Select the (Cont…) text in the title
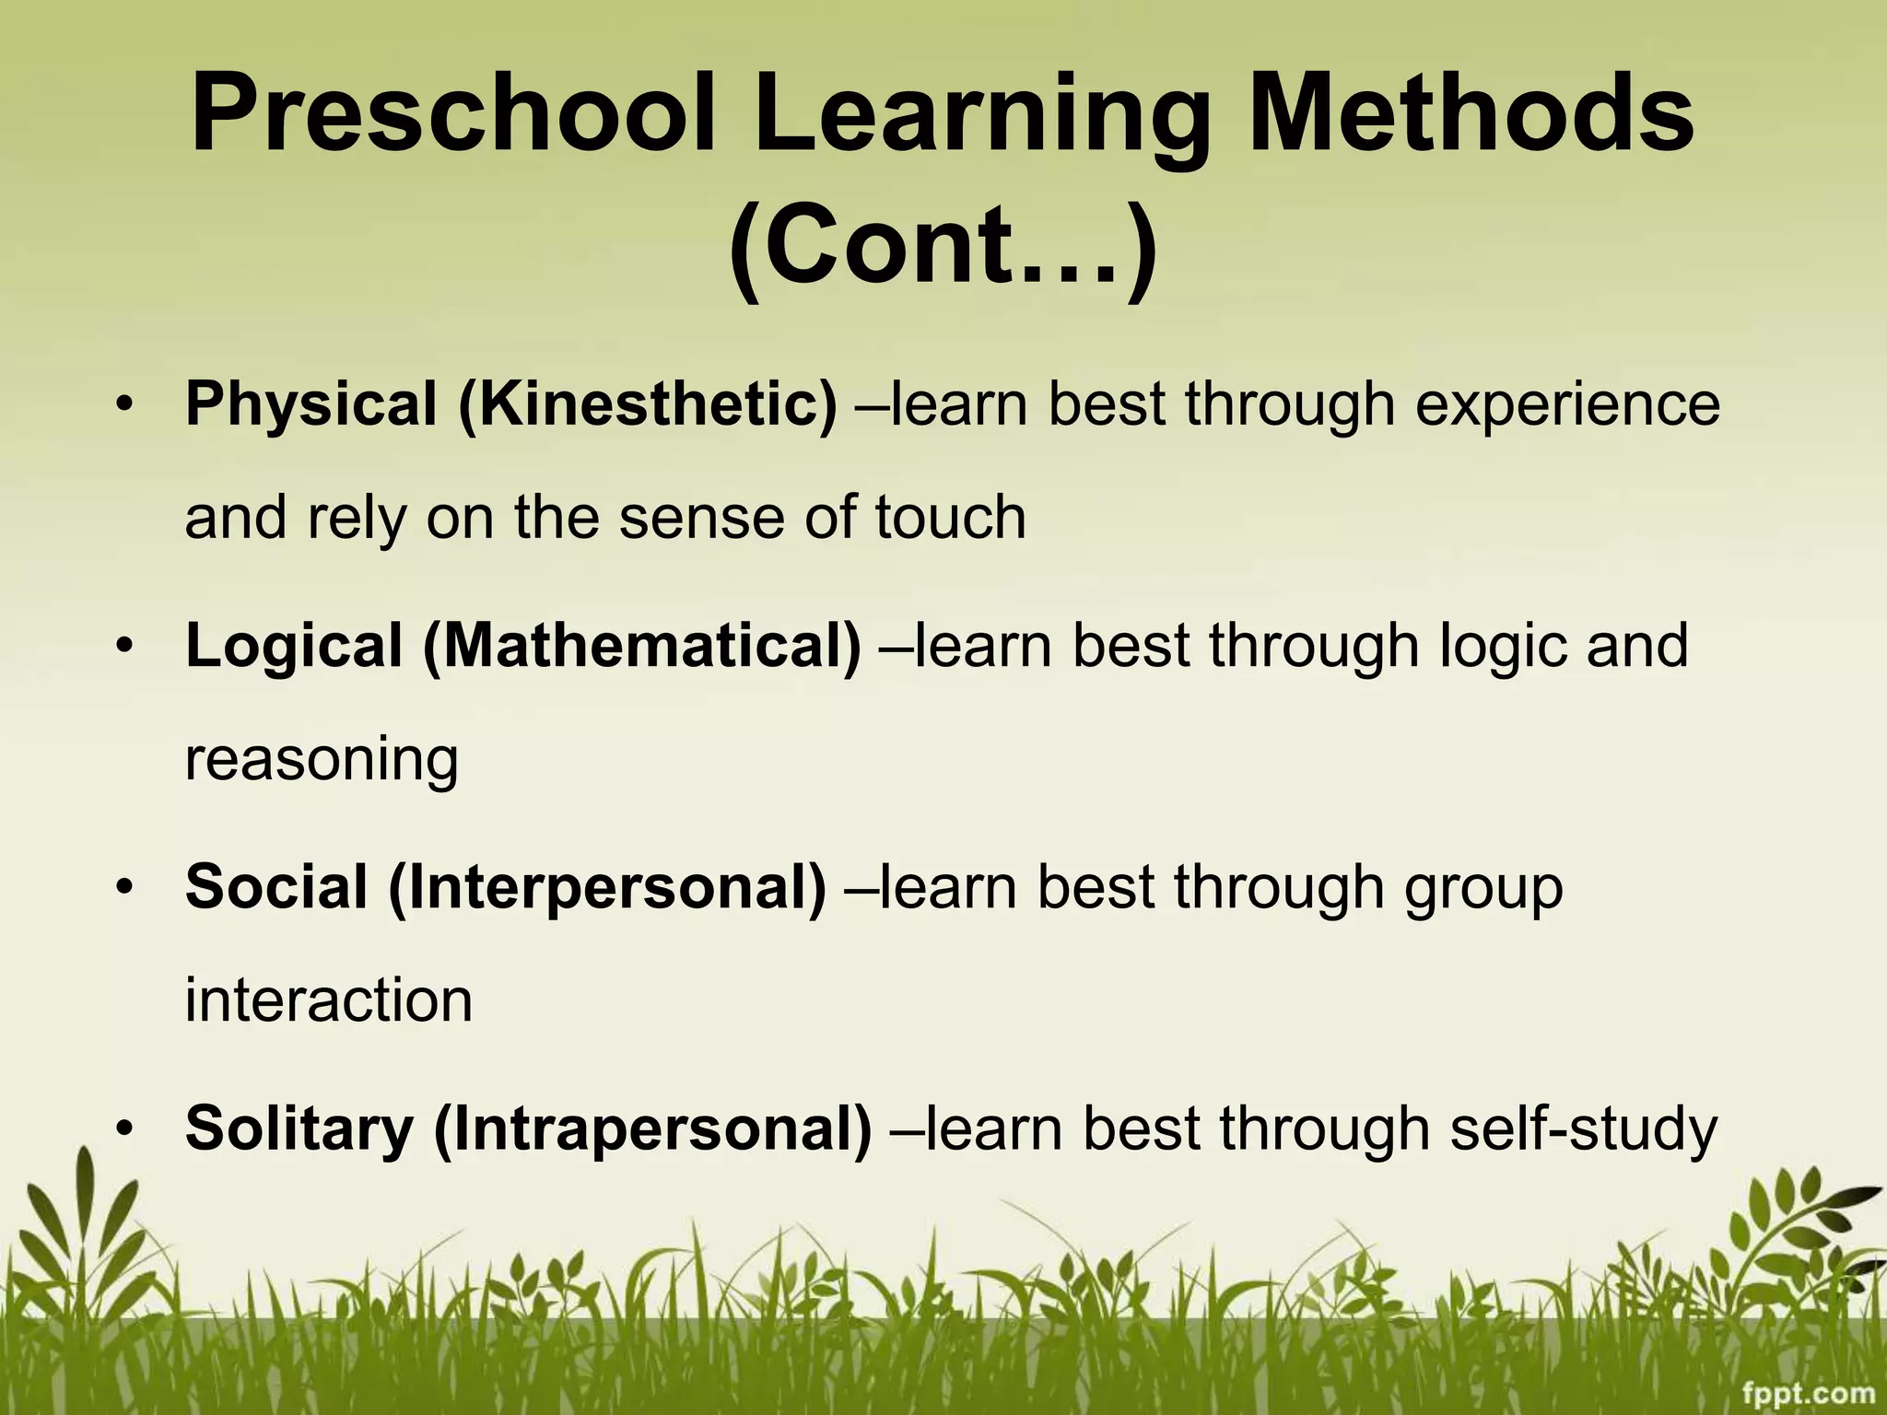coord(942,246)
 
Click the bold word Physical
coord(311,405)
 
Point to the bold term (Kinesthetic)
coord(648,405)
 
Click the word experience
coord(1567,405)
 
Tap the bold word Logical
coord(294,647)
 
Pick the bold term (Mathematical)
coord(642,647)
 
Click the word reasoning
coord(322,761)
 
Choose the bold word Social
coord(276,888)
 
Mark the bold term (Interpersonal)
coord(607,888)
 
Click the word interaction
coord(328,1000)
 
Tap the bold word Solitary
coord(299,1129)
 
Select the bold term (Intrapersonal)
coord(652,1129)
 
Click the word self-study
coord(1583,1129)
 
